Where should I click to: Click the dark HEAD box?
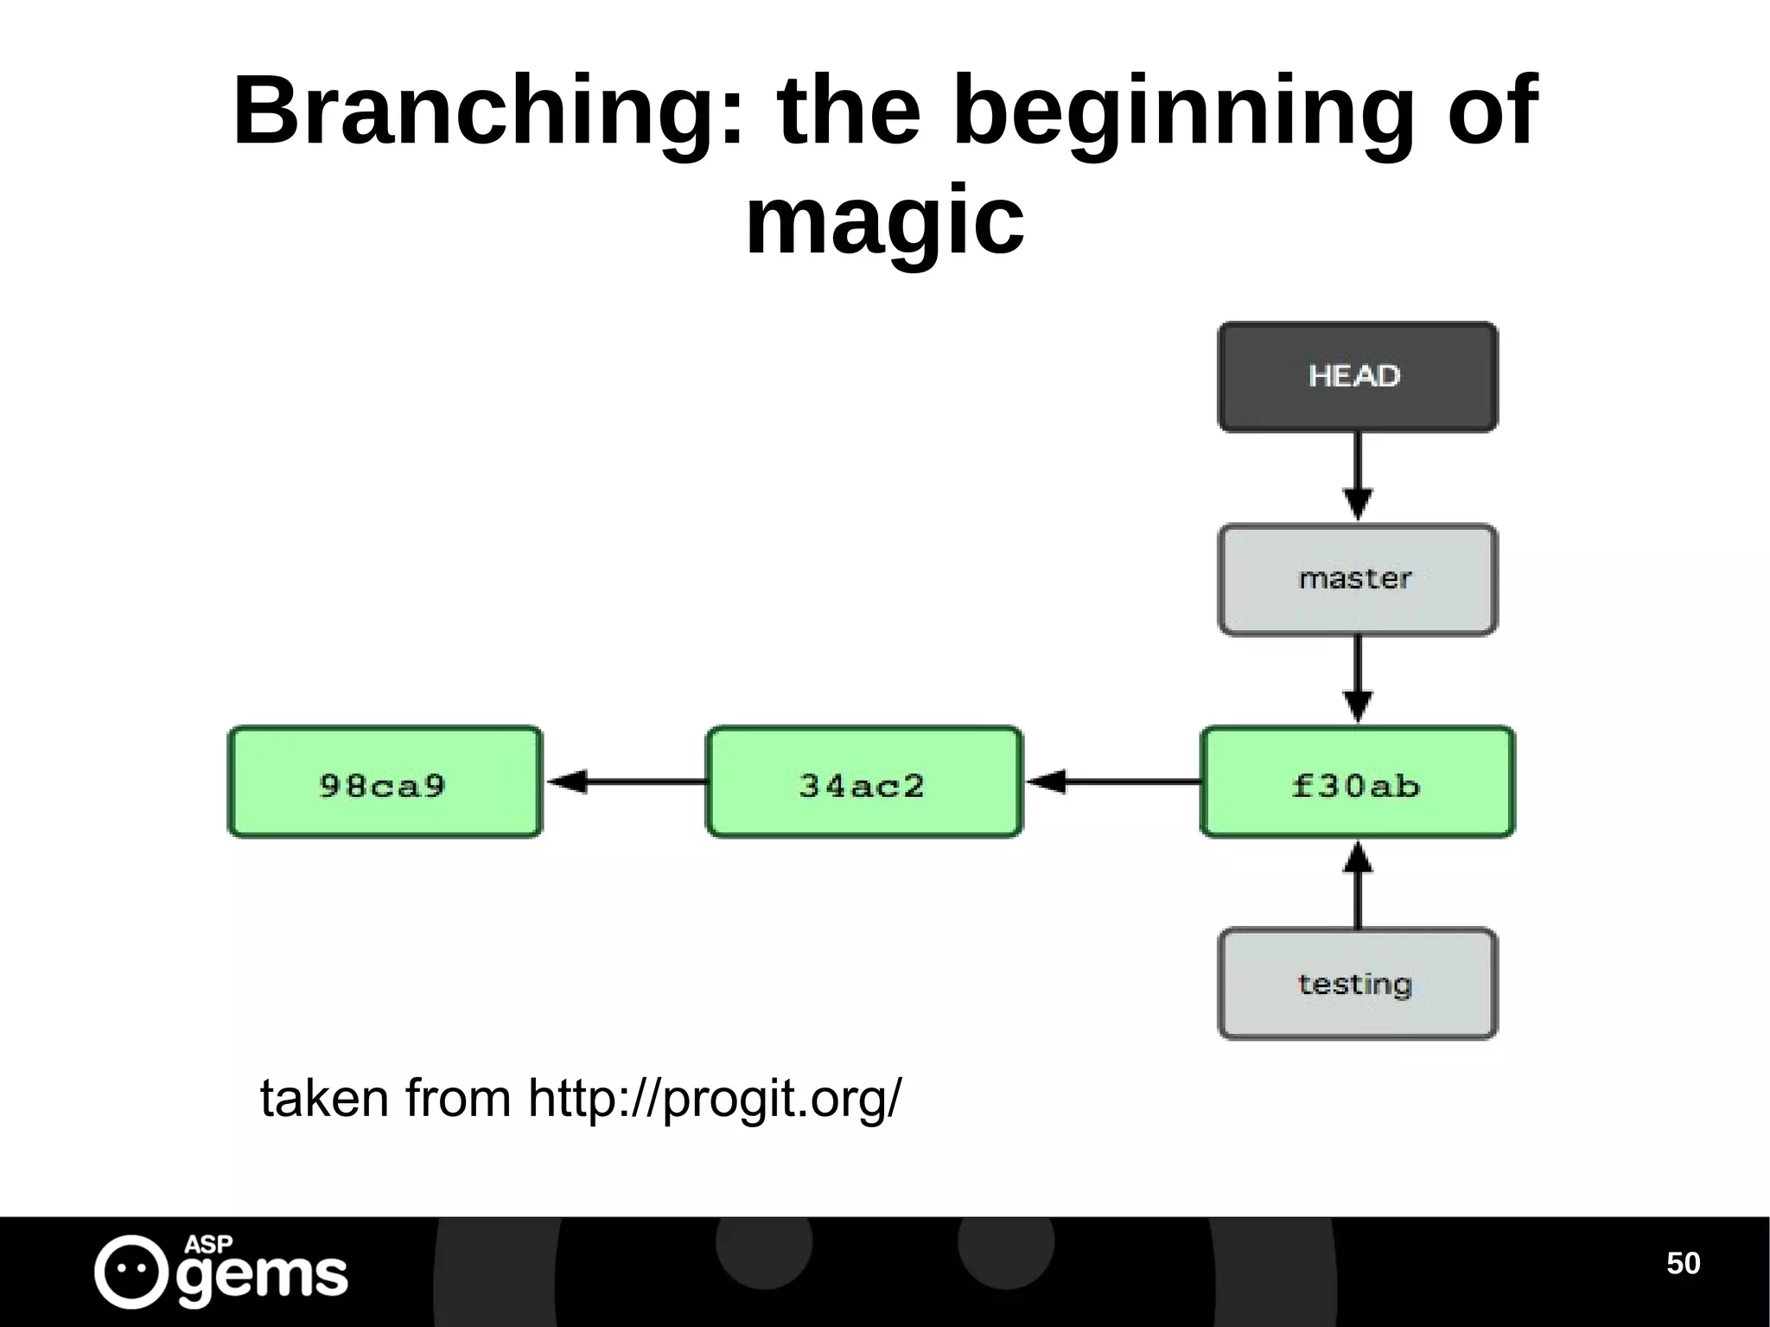1357,377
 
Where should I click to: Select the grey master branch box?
1357,579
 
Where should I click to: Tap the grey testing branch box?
1357,984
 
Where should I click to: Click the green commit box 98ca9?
385,782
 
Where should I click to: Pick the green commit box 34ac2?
863,782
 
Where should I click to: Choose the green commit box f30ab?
1357,782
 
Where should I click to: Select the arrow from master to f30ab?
1357,679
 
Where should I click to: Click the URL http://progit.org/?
714,1099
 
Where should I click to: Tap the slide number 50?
1683,1263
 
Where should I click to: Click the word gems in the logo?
264,1275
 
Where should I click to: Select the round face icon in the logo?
131,1271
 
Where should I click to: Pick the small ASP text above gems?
208,1244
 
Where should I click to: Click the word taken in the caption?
324,1099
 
